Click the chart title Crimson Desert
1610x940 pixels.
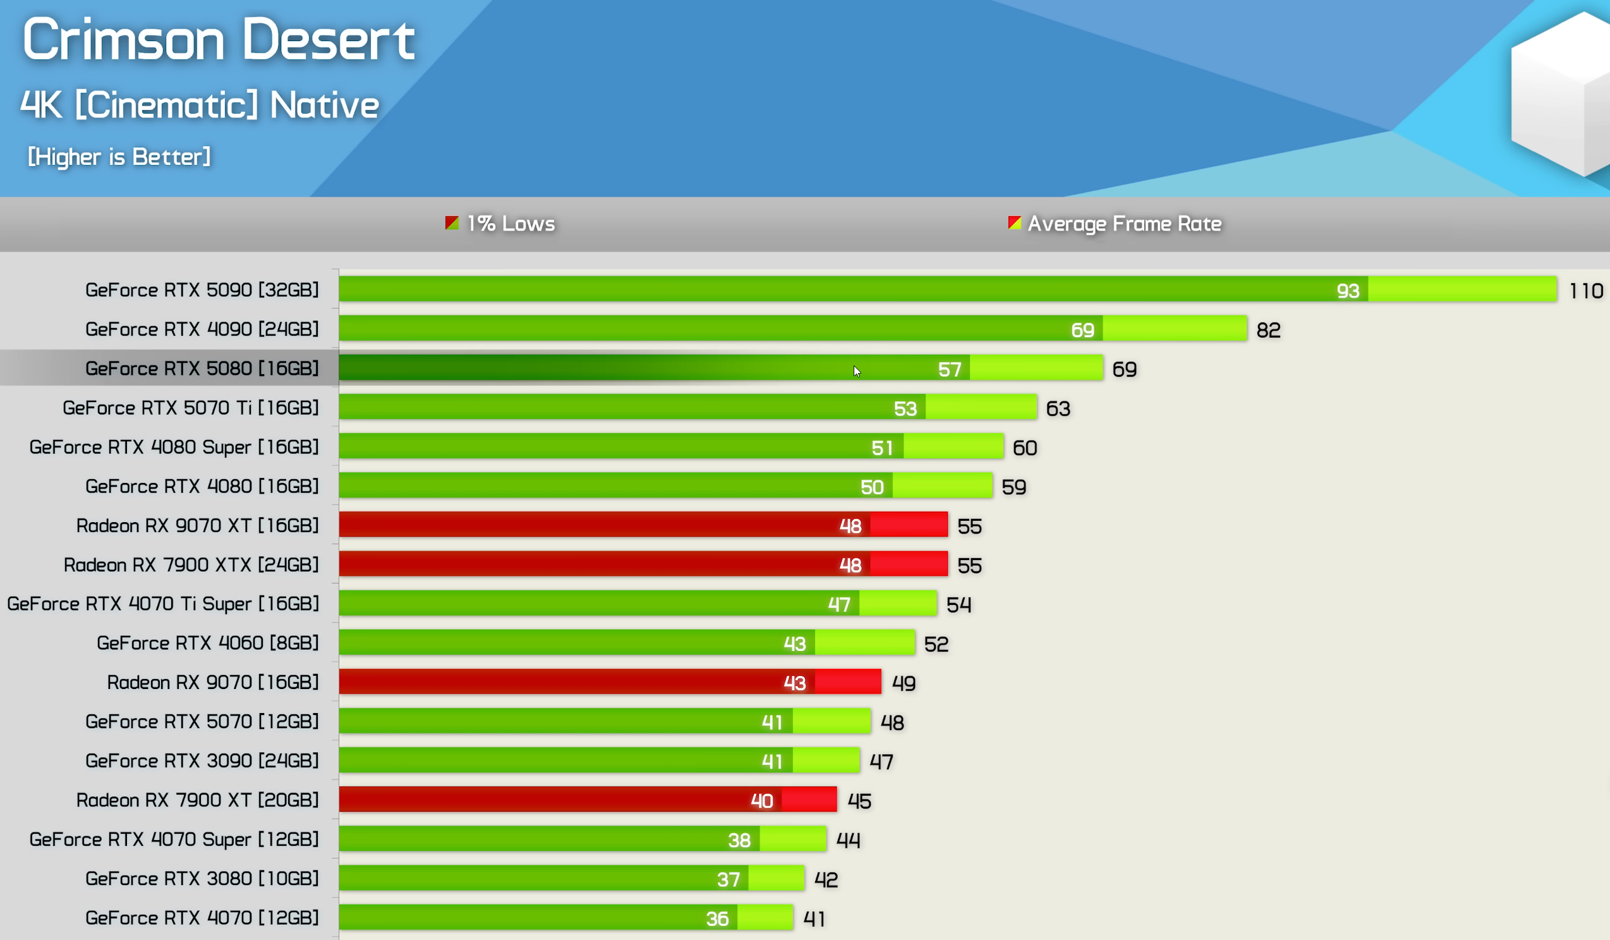219,40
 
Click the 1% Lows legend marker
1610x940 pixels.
452,223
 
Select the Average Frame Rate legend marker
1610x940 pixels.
1014,223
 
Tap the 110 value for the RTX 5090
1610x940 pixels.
1586,291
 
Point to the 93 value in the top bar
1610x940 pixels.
1347,291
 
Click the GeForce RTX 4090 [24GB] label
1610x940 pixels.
202,329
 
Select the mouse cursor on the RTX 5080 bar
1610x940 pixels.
857,371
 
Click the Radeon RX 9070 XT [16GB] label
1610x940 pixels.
197,525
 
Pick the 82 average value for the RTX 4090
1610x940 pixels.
1268,330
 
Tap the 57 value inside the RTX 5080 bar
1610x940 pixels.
950,369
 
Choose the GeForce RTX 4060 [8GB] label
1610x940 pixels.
208,643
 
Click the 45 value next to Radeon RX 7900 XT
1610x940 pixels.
859,801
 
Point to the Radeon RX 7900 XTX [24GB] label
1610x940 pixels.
191,565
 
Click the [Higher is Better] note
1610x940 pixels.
119,157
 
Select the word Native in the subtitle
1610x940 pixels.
325,106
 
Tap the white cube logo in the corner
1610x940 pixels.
1562,96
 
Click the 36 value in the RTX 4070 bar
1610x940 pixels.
717,919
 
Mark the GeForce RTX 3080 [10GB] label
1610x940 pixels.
202,879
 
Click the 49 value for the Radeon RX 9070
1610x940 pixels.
904,683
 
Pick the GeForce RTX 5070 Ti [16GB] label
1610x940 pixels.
190,408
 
